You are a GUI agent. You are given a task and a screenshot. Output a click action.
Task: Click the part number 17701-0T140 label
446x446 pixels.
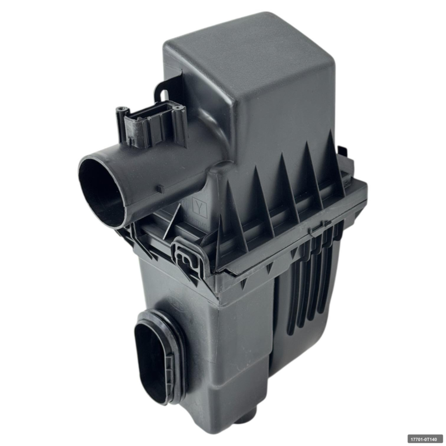[424, 438]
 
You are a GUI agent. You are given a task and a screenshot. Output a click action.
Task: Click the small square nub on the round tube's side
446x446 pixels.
[159, 188]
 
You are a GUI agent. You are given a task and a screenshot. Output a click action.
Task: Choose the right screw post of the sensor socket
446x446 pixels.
[178, 107]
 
